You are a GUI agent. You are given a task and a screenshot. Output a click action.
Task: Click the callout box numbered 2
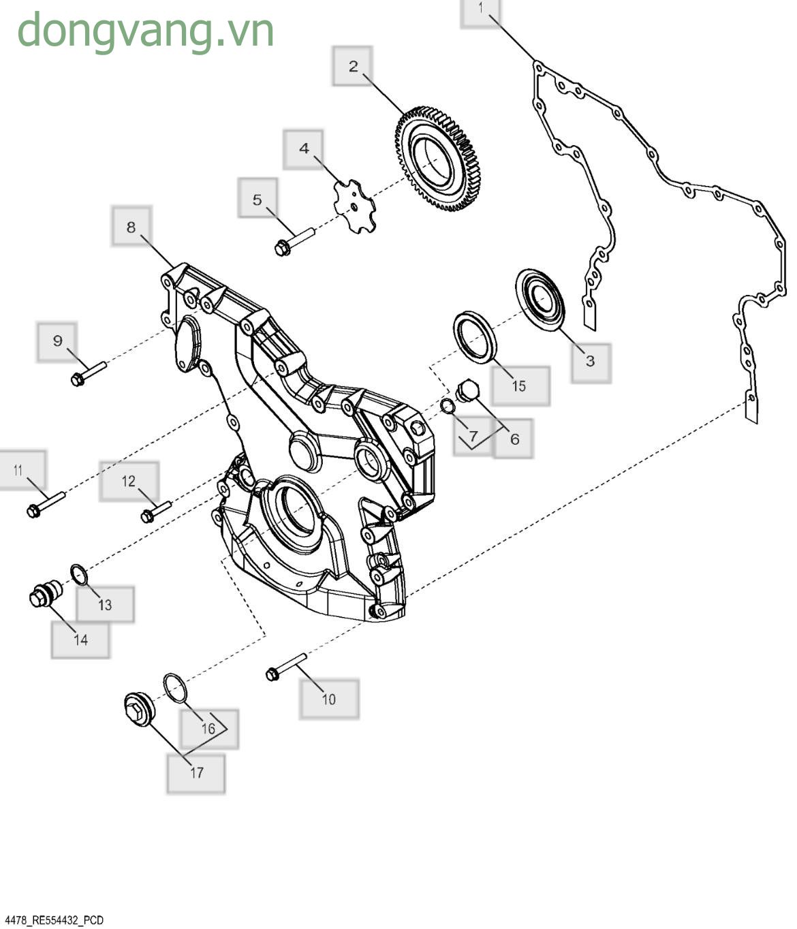(352, 65)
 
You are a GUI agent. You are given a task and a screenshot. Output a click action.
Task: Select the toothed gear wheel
(435, 158)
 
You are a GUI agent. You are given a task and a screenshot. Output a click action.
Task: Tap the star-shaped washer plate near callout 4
(355, 206)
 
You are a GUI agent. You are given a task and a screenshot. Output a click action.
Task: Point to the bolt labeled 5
(294, 242)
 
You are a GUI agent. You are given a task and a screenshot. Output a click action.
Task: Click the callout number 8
(131, 227)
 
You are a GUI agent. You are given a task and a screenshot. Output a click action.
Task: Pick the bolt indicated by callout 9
(89, 373)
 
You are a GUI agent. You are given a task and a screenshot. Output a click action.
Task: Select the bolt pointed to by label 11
(46, 505)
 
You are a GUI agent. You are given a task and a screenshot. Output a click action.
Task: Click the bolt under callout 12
(156, 512)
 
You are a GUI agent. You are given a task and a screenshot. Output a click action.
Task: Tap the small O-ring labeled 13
(79, 576)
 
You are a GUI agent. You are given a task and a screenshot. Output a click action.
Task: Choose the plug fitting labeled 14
(46, 593)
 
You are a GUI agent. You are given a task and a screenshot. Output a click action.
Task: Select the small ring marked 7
(448, 405)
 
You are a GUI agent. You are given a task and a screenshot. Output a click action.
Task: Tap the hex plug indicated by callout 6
(467, 390)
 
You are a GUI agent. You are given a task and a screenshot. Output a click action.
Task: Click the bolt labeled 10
(286, 667)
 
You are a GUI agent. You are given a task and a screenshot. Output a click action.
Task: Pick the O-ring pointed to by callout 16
(175, 688)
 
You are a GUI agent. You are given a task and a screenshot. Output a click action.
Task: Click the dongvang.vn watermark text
(145, 31)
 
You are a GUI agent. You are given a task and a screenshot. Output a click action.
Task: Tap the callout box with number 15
(520, 386)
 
